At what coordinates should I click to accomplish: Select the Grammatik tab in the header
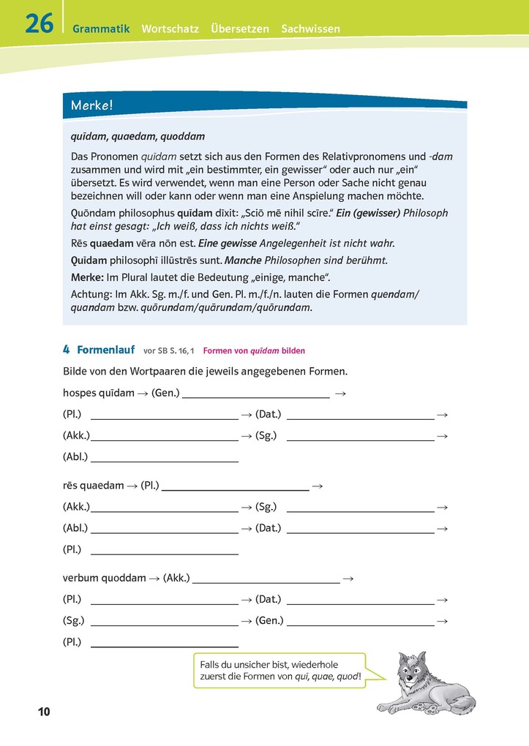pyautogui.click(x=101, y=29)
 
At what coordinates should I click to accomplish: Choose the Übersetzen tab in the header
pyautogui.click(x=241, y=29)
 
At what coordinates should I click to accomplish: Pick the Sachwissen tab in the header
pyautogui.click(x=310, y=29)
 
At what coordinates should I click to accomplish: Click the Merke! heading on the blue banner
pyautogui.click(x=92, y=105)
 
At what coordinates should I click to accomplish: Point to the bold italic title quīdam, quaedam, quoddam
pyautogui.click(x=138, y=137)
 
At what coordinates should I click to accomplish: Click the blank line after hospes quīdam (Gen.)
pyautogui.click(x=255, y=395)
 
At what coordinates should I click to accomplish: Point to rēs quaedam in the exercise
pyautogui.click(x=93, y=485)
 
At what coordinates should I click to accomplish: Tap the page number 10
pyautogui.click(x=42, y=712)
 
